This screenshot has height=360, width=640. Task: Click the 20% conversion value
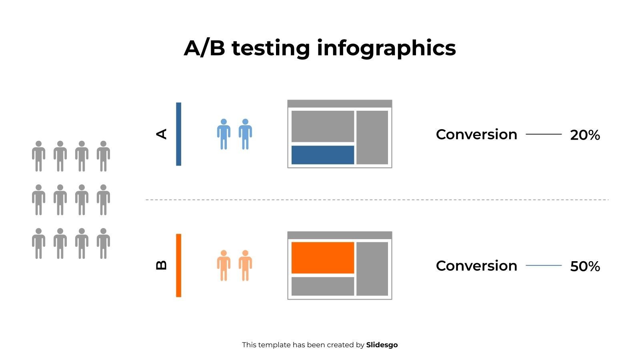coord(585,135)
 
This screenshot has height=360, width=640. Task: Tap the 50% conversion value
coord(585,266)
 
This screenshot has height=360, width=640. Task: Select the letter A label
coord(162,134)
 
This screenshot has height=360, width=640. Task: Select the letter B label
coord(162,266)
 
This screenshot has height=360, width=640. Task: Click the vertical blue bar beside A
coord(178,134)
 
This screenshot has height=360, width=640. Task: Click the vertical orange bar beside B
coord(178,266)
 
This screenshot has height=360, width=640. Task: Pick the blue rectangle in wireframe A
coord(322,155)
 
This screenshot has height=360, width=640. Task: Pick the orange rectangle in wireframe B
coord(322,258)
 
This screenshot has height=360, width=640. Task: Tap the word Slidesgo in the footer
coord(382,345)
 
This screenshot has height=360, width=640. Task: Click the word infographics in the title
coord(386,48)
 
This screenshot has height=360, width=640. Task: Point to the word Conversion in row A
coord(476,134)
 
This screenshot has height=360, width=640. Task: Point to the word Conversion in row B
coord(476,266)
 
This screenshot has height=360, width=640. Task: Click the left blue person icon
coord(224,134)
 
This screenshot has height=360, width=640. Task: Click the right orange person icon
coord(245,266)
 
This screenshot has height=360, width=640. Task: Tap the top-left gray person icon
coord(38,156)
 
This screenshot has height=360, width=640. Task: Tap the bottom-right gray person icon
coord(103,244)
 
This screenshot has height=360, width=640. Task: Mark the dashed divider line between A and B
coord(377,200)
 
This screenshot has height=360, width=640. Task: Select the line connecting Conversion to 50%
coord(544,266)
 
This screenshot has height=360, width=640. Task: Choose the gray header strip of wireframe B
coord(340,235)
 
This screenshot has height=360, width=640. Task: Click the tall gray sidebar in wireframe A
coord(372,138)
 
